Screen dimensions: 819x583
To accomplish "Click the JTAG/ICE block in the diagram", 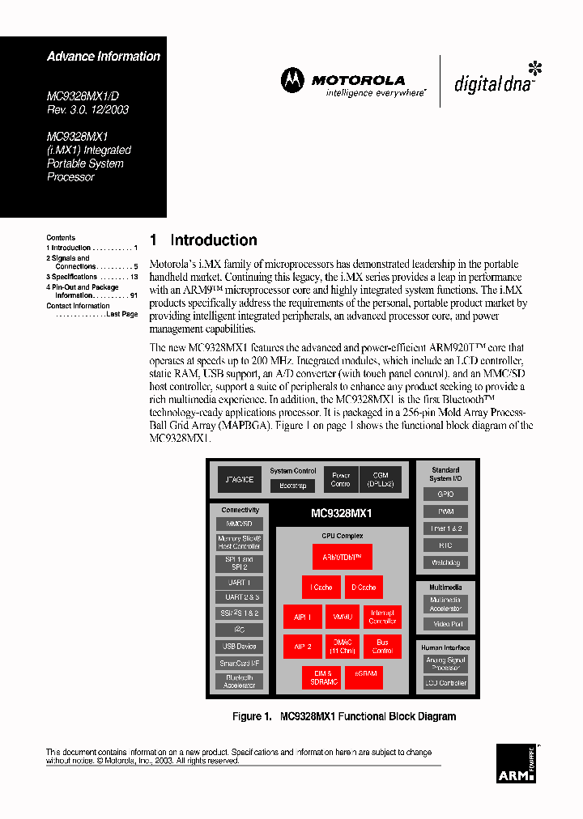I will tap(239, 479).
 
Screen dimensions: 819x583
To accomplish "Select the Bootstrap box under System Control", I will tap(292, 486).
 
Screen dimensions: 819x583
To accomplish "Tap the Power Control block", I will tap(340, 479).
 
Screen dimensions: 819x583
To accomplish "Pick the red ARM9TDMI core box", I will tap(342, 557).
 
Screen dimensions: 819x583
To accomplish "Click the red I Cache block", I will tap(321, 588).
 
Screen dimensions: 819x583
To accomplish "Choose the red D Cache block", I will tap(363, 588).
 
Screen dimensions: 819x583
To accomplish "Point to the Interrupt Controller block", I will tap(382, 617).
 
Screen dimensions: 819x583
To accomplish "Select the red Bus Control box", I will tap(382, 646).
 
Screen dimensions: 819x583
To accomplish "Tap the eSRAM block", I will tap(363, 677).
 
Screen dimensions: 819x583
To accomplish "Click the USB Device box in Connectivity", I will tap(240, 647).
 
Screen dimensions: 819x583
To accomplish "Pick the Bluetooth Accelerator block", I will tap(240, 681).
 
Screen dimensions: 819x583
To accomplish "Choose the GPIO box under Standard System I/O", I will tap(445, 494).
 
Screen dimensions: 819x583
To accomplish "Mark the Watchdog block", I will tap(445, 562).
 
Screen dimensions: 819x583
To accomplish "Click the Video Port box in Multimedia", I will tap(445, 624).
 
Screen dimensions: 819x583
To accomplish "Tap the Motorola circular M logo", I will tap(292, 80).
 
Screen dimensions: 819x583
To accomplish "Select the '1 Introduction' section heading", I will tap(203, 240).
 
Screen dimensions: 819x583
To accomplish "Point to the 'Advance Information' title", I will tap(104, 57).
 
